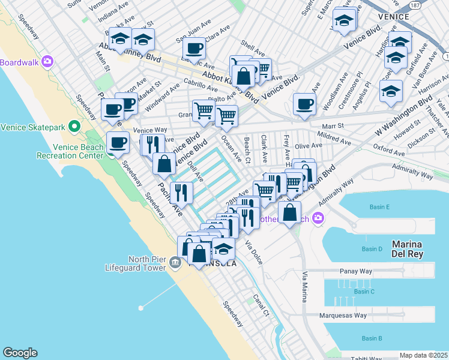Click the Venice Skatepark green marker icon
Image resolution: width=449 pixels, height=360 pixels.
tap(74, 127)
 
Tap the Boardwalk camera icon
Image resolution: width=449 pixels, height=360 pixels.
tap(48, 62)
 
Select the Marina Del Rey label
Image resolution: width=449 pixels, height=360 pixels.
tap(415, 249)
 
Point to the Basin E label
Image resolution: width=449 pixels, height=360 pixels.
tap(379, 207)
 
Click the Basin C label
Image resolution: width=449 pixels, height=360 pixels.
tap(364, 292)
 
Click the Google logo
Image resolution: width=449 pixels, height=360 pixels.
tap(20, 353)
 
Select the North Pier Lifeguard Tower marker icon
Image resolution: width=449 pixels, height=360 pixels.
tap(175, 262)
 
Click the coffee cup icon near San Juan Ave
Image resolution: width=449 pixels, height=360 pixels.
tap(194, 48)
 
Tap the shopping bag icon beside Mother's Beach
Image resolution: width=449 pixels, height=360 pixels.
tap(289, 212)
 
